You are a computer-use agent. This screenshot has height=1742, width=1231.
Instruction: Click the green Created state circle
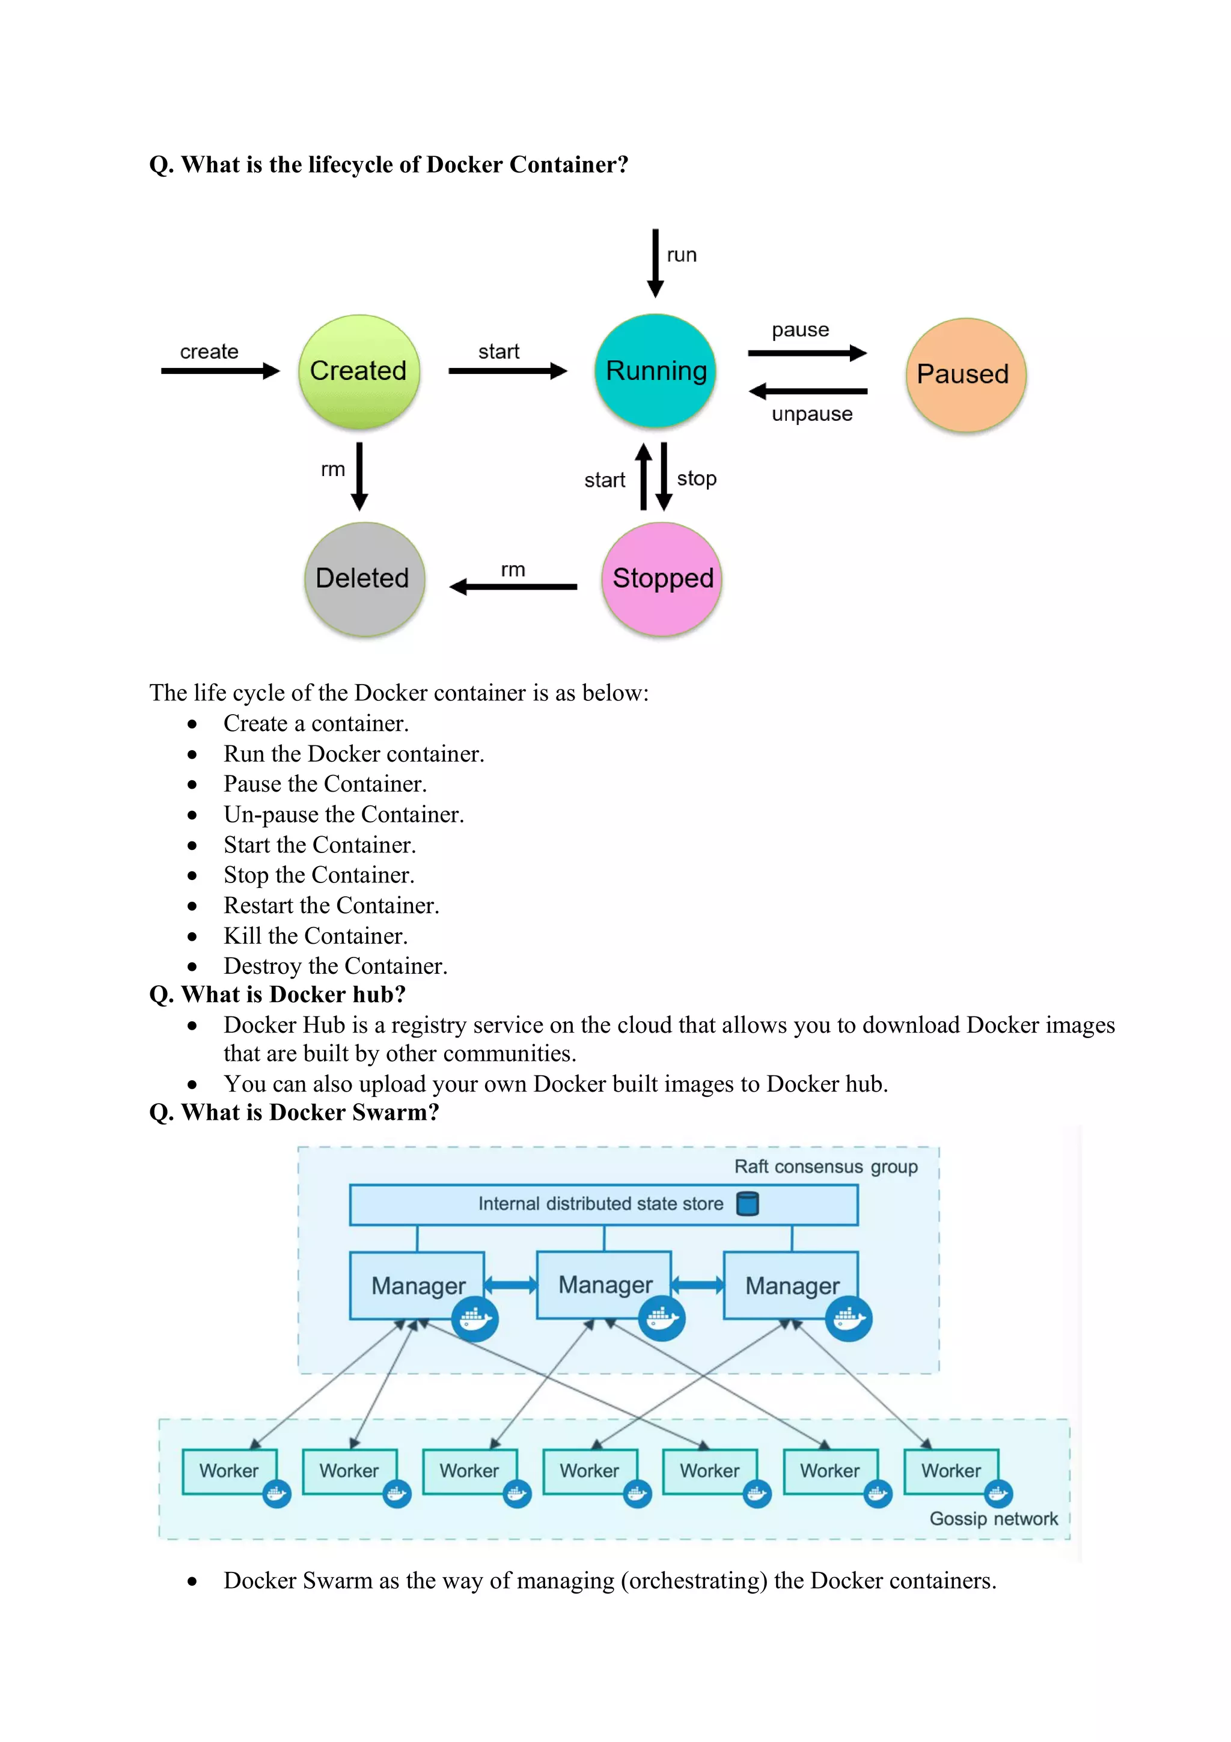click(x=358, y=371)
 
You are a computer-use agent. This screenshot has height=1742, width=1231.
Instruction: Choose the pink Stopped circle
click(x=661, y=578)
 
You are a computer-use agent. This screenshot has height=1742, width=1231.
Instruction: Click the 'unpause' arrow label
click(x=811, y=414)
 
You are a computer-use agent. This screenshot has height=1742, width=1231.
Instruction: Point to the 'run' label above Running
click(x=681, y=255)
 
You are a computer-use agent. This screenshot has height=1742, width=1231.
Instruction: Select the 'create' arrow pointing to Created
click(x=220, y=371)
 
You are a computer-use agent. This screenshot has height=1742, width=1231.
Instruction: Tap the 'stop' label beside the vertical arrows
click(x=696, y=478)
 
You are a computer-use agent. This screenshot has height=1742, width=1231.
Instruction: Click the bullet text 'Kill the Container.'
click(x=316, y=935)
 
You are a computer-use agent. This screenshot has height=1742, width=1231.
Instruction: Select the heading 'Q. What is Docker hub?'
click(x=277, y=994)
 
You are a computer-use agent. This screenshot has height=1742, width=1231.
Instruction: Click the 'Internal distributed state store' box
click(x=603, y=1204)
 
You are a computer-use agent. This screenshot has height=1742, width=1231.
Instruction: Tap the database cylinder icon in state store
click(x=747, y=1204)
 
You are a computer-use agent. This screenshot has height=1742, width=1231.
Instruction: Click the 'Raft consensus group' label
click(x=825, y=1167)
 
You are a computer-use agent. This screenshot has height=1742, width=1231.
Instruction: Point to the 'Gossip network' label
click(x=993, y=1518)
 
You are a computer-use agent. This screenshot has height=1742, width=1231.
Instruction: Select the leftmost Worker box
click(x=229, y=1470)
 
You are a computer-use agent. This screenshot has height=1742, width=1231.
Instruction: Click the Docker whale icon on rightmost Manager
click(x=848, y=1319)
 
